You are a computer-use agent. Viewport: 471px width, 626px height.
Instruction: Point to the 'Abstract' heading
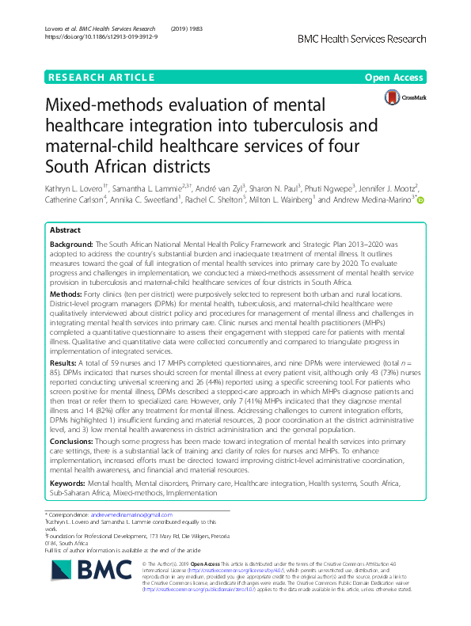[x=65, y=231]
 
